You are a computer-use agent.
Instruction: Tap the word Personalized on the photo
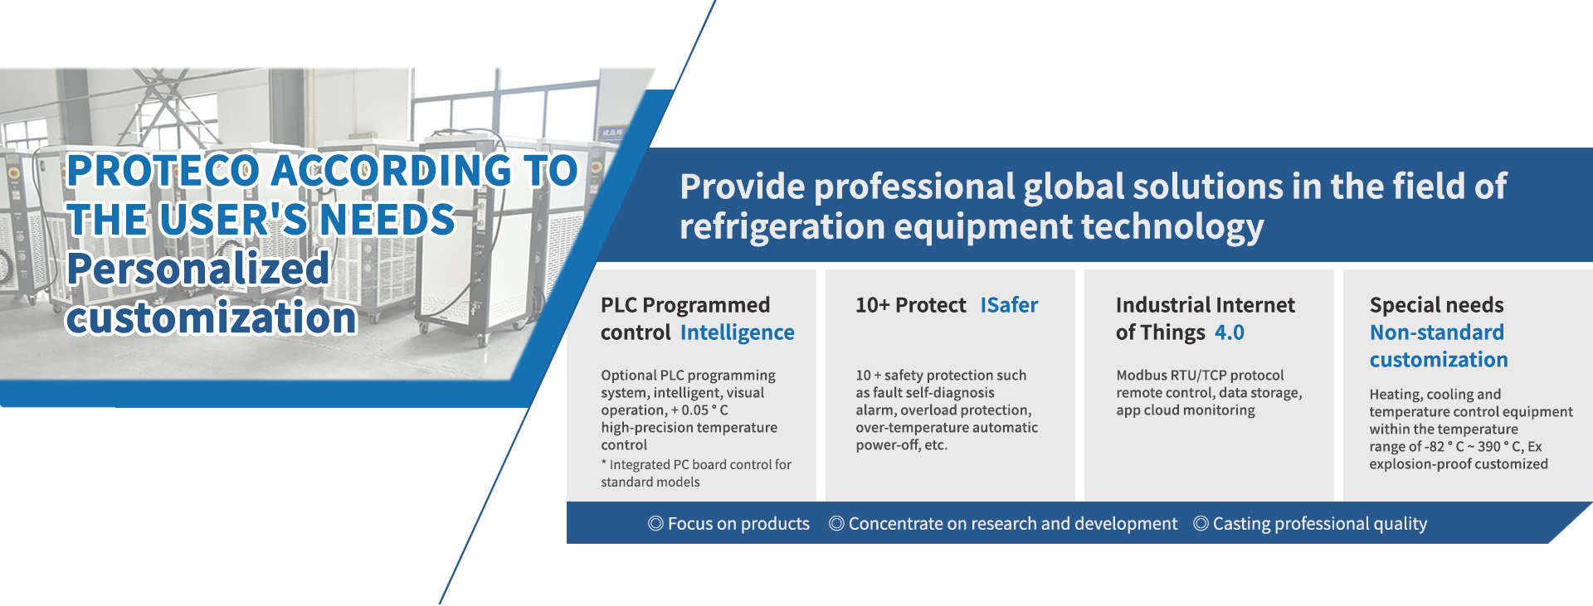pos(198,269)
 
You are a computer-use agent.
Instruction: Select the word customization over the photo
pos(212,318)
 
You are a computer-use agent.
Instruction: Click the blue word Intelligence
pos(738,332)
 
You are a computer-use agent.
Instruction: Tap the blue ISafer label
pos(1009,305)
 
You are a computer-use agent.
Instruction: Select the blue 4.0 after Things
pos(1230,332)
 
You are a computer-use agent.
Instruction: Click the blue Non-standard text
pos(1437,332)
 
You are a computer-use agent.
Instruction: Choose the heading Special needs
pos(1437,305)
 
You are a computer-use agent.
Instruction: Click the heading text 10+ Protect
pos(911,305)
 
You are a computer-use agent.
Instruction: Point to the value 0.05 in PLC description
pos(695,410)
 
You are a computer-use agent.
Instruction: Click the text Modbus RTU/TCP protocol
pos(1200,376)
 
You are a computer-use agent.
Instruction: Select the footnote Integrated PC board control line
pos(696,465)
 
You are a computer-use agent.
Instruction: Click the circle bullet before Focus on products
pos(655,524)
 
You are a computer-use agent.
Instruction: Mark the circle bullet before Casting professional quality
pos(1201,524)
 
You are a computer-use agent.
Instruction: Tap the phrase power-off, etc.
pos(902,445)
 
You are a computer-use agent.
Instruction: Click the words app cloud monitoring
pos(1186,410)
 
